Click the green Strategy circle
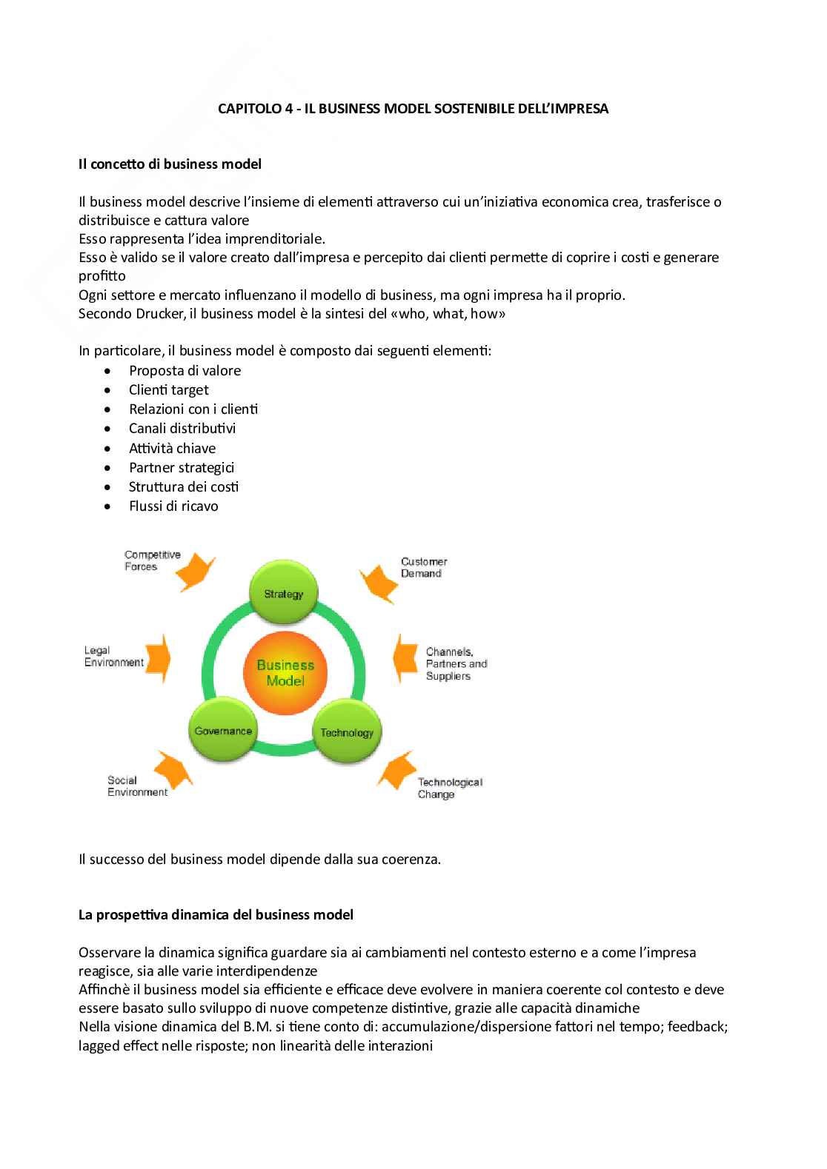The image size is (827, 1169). [x=284, y=592]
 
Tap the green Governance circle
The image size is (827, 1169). [x=223, y=730]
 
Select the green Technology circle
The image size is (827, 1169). [x=347, y=731]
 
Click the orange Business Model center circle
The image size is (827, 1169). [x=285, y=672]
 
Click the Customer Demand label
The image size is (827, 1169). [x=424, y=567]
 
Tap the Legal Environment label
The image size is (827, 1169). [x=113, y=657]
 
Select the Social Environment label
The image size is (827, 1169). [x=137, y=786]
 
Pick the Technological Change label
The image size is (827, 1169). [x=449, y=788]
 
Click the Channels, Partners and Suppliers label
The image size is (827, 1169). [x=456, y=663]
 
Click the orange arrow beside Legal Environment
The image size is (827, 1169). [x=156, y=654]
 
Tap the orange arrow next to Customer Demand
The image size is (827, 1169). [x=381, y=579]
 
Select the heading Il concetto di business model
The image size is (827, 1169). [x=170, y=164]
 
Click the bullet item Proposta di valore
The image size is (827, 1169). [x=185, y=370]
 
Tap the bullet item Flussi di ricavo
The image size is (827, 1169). [x=173, y=506]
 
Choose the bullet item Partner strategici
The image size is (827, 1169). [x=182, y=467]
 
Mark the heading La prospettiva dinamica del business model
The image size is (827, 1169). [x=216, y=914]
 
